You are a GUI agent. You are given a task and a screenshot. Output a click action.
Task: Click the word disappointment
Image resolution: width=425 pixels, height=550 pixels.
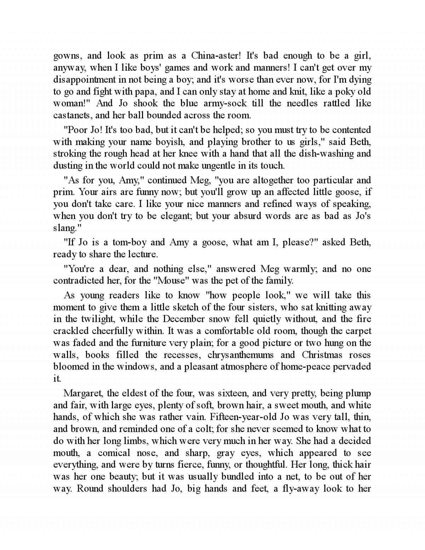click(x=85, y=79)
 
